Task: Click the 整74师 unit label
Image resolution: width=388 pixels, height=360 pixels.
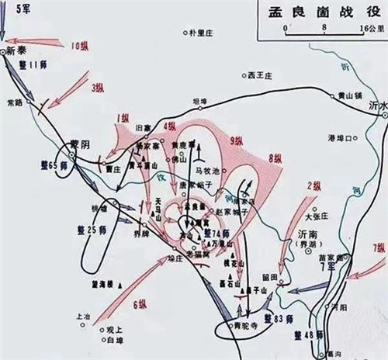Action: pyautogui.click(x=216, y=234)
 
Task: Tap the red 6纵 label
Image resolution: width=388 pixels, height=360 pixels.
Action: pyautogui.click(x=140, y=305)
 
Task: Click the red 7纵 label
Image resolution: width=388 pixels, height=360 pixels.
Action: pyautogui.click(x=378, y=247)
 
